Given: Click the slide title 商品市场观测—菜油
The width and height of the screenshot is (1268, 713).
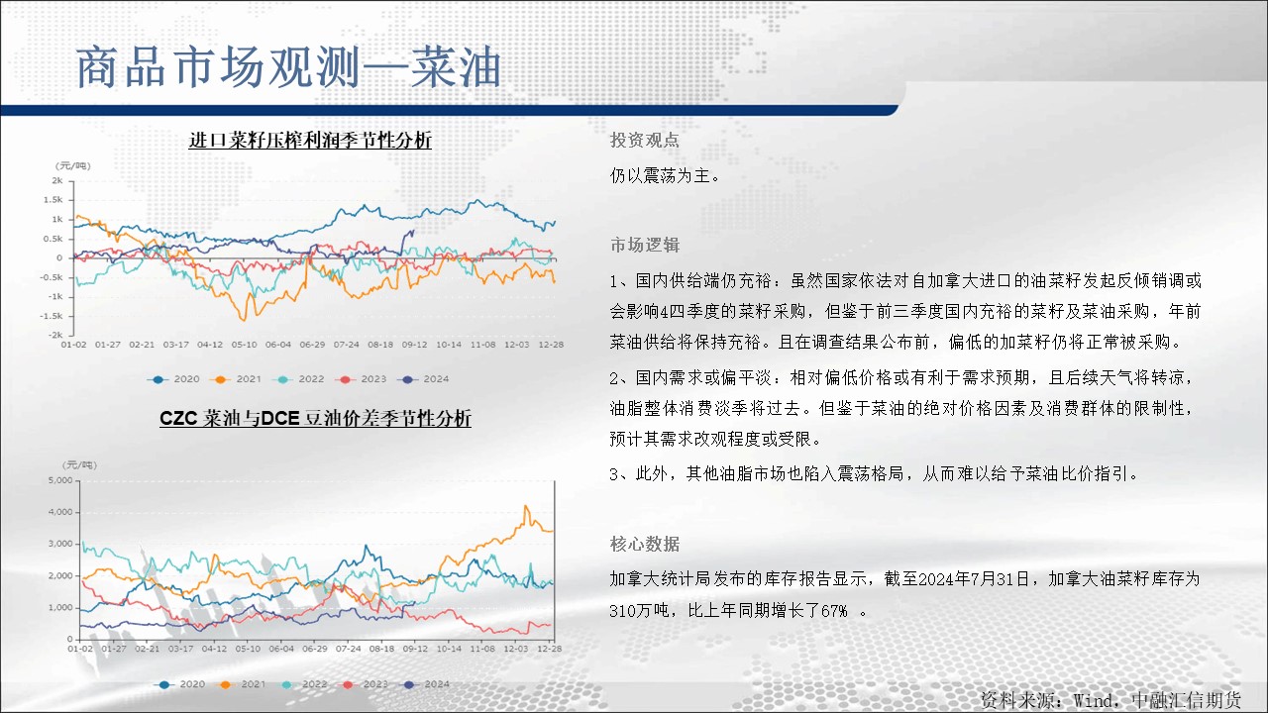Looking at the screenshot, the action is tap(288, 67).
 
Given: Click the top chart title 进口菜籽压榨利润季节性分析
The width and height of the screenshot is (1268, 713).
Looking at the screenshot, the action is tap(310, 140).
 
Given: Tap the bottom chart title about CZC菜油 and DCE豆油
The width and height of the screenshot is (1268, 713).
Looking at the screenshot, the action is tap(315, 418).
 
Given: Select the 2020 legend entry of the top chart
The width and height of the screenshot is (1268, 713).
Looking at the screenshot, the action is tap(173, 379).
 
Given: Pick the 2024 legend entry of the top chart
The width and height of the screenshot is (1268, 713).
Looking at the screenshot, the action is tap(423, 379).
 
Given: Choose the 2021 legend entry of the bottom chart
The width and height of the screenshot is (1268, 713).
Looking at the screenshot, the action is tap(241, 684).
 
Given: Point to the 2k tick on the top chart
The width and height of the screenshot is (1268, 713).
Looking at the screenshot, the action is tap(57, 180).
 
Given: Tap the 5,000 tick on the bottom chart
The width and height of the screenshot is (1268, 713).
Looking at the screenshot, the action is tap(60, 480).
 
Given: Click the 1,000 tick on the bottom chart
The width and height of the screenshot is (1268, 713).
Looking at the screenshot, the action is tap(60, 607).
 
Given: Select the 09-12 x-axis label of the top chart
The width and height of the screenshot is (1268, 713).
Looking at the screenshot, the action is tap(415, 344).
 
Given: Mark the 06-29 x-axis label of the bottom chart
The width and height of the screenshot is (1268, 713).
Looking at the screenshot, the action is tap(315, 649).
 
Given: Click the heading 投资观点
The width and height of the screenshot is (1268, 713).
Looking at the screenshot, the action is tap(644, 140).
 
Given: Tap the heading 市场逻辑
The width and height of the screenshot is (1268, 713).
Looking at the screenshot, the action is tap(644, 245).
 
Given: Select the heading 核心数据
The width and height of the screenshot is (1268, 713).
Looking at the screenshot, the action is tap(644, 544).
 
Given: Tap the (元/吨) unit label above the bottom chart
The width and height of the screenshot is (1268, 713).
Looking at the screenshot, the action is tap(80, 465).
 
